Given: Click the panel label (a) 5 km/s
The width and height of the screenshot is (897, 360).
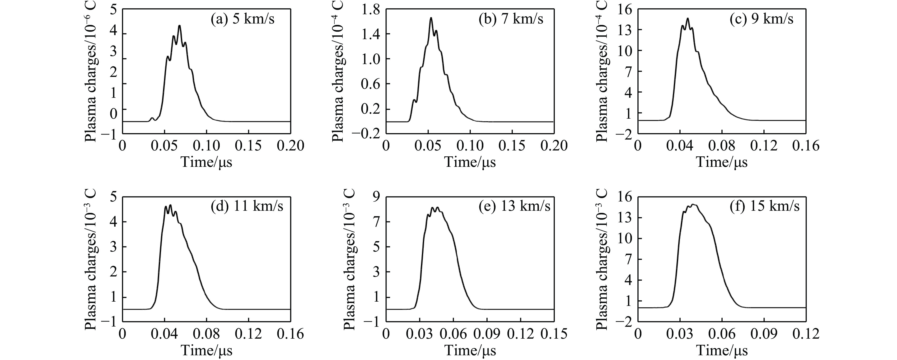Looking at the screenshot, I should pyautogui.click(x=243, y=19).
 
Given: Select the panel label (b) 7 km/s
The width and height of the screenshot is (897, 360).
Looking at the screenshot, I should pyautogui.click(x=511, y=19).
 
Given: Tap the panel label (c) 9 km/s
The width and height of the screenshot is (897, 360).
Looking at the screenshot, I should pyautogui.click(x=762, y=19).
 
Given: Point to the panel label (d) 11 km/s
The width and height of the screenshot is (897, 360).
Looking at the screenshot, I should pyautogui.click(x=247, y=206).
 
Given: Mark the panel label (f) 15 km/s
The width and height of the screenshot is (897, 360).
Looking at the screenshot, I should pyautogui.click(x=765, y=206).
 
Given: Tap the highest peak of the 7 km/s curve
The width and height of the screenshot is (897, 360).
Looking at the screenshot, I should pyautogui.click(x=431, y=18).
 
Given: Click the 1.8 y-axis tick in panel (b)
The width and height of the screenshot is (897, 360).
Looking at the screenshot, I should pyautogui.click(x=371, y=9).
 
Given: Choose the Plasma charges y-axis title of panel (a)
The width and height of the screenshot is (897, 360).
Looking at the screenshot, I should pyautogui.click(x=91, y=70).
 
